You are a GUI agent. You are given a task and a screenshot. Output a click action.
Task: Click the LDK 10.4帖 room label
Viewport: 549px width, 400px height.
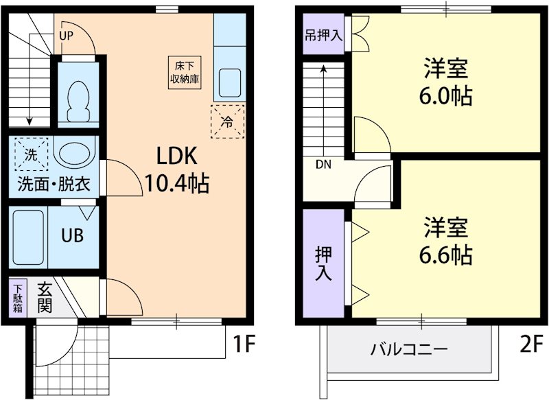tap(176, 169)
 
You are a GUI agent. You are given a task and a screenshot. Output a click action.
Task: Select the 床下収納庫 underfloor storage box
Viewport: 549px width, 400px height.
tap(185, 71)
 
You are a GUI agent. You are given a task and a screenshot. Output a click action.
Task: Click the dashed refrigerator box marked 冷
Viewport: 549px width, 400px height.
tap(227, 122)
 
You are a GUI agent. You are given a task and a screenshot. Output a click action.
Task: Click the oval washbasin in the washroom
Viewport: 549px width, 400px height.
tap(75, 154)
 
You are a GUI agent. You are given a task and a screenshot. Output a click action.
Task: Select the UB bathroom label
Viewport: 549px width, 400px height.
tap(73, 235)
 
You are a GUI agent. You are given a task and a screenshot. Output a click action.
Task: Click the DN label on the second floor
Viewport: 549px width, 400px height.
tap(323, 165)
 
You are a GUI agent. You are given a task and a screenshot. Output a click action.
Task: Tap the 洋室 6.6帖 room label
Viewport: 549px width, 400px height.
tap(445, 241)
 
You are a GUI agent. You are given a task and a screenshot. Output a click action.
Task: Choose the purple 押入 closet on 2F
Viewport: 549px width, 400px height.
tap(324, 263)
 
